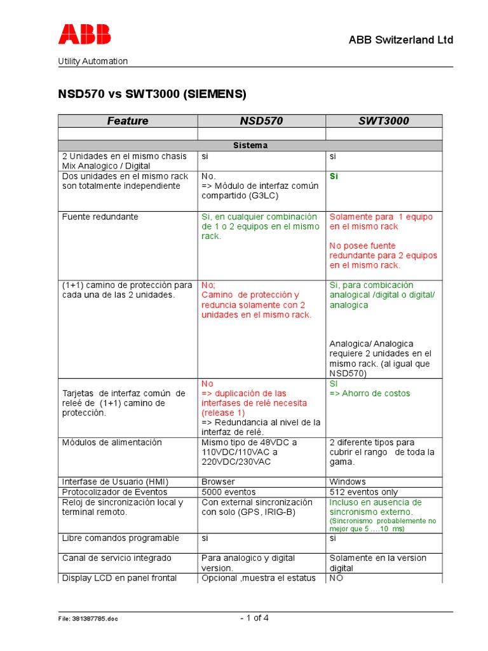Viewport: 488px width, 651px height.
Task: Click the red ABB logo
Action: pyautogui.click(x=85, y=34)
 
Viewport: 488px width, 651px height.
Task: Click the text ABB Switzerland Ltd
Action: pyautogui.click(x=401, y=40)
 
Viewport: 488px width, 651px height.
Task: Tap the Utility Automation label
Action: pyautogui.click(x=93, y=61)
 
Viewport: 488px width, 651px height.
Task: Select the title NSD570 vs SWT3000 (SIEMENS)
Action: pyautogui.click(x=152, y=94)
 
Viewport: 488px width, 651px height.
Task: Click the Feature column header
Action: pyautogui.click(x=128, y=121)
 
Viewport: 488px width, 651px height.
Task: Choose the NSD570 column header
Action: pyautogui.click(x=261, y=121)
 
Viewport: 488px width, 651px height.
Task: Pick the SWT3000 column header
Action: pyautogui.click(x=383, y=121)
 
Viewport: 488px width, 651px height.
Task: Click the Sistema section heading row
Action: pyautogui.click(x=250, y=146)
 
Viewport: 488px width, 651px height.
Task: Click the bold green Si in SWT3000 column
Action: pyautogui.click(x=334, y=176)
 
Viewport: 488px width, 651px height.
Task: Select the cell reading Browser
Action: pyautogui.click(x=218, y=482)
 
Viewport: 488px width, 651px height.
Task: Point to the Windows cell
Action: pyautogui.click(x=348, y=482)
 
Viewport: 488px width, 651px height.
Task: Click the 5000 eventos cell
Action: pyautogui.click(x=229, y=492)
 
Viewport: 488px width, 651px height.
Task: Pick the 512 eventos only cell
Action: pyautogui.click(x=363, y=492)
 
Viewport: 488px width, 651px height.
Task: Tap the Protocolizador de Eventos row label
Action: pyautogui.click(x=114, y=492)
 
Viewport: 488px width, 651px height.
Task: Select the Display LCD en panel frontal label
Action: pyautogui.click(x=119, y=578)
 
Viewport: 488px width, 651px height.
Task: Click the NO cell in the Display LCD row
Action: pyautogui.click(x=336, y=578)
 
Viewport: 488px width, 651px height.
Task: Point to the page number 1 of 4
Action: pyautogui.click(x=254, y=618)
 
